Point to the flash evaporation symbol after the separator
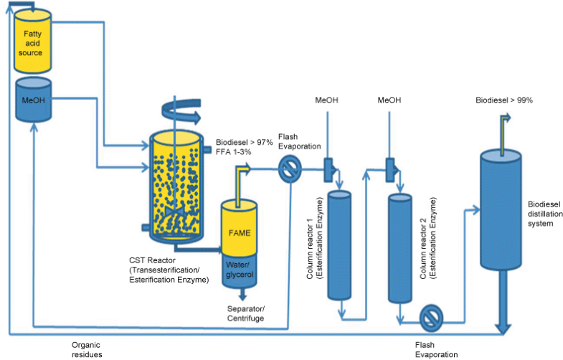[x=289, y=170]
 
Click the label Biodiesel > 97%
[x=244, y=142]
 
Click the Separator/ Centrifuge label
[x=245, y=313]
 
